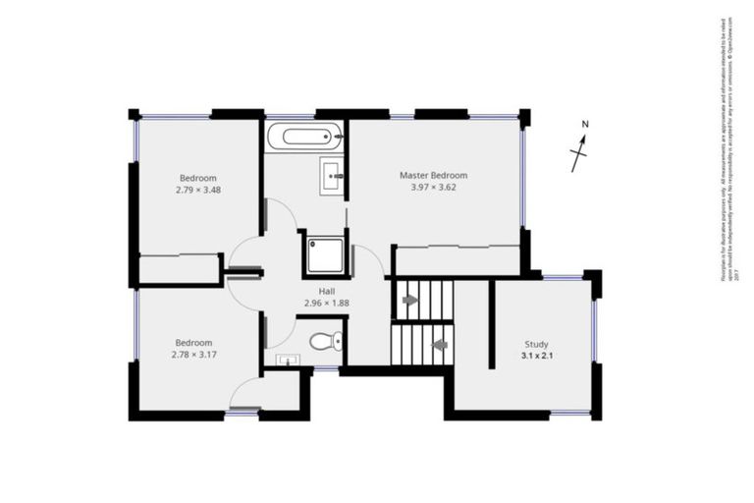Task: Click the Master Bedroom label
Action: [x=433, y=175]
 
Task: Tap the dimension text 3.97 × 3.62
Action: [x=433, y=187]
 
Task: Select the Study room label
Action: [x=535, y=344]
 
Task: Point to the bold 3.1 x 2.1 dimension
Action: [x=535, y=356]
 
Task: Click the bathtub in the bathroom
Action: [x=304, y=137]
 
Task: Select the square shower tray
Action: [x=325, y=254]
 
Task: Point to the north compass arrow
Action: [x=580, y=152]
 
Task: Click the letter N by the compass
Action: [x=584, y=125]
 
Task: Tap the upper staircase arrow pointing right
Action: [x=409, y=298]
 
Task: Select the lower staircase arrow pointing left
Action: [x=439, y=345]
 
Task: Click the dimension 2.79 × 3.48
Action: [x=198, y=190]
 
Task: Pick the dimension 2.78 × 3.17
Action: [x=193, y=354]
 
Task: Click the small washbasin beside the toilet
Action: [x=286, y=361]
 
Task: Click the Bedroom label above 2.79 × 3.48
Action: [x=198, y=178]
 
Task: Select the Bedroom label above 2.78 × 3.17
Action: [x=193, y=342]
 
